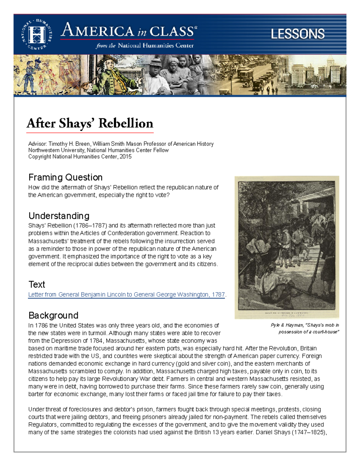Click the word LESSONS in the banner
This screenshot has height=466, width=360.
[x=298, y=34]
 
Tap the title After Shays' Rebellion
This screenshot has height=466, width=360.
[x=90, y=123]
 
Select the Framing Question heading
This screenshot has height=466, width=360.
[x=65, y=177]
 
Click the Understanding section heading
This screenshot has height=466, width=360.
[x=59, y=216]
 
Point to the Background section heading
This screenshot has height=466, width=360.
[x=53, y=315]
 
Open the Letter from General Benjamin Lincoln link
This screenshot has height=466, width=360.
[x=126, y=295]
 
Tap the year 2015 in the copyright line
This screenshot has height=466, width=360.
[x=125, y=157]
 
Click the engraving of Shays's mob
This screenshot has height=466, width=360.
[x=286, y=247]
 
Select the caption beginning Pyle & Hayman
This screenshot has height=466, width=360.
[x=305, y=328]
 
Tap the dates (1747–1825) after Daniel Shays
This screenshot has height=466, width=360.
[x=309, y=433]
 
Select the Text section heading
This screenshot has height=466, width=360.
[x=37, y=284]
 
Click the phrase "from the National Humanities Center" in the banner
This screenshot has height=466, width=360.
[x=145, y=46]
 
